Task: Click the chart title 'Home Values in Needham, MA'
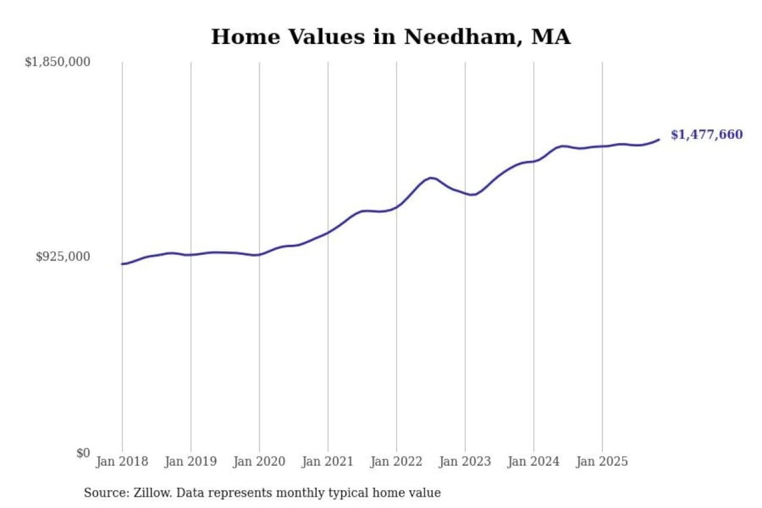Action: pos(391,37)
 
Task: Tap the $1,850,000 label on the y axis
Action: pos(58,62)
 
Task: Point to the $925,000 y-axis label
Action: pos(63,257)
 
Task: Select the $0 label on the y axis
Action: pos(83,453)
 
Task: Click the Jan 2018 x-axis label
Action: pos(122,461)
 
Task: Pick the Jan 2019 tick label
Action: pos(190,461)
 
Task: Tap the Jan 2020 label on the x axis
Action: pos(259,461)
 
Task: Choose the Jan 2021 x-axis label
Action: pos(328,461)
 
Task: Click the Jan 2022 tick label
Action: pos(396,461)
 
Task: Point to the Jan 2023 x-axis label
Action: pos(465,461)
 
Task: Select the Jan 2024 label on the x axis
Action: pos(533,461)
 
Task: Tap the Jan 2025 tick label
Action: pos(602,461)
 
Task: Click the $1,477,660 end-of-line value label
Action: pos(707,134)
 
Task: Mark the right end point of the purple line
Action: pos(659,140)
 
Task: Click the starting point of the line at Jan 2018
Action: pos(122,264)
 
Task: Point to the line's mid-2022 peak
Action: pos(431,178)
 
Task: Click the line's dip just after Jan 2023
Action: pos(473,195)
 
